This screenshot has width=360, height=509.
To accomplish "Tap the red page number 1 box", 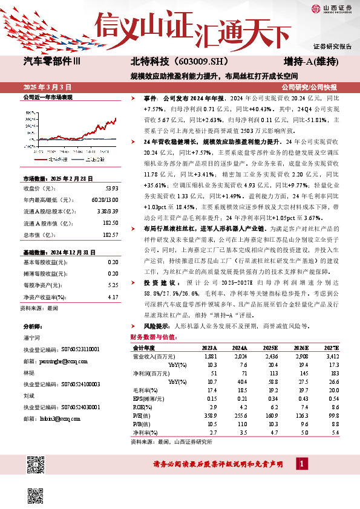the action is [x=300, y=464].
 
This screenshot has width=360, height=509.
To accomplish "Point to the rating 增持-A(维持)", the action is [x=310, y=62].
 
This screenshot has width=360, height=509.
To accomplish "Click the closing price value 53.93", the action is [x=113, y=188].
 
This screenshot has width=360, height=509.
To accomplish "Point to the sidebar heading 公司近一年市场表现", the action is [x=47, y=97].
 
